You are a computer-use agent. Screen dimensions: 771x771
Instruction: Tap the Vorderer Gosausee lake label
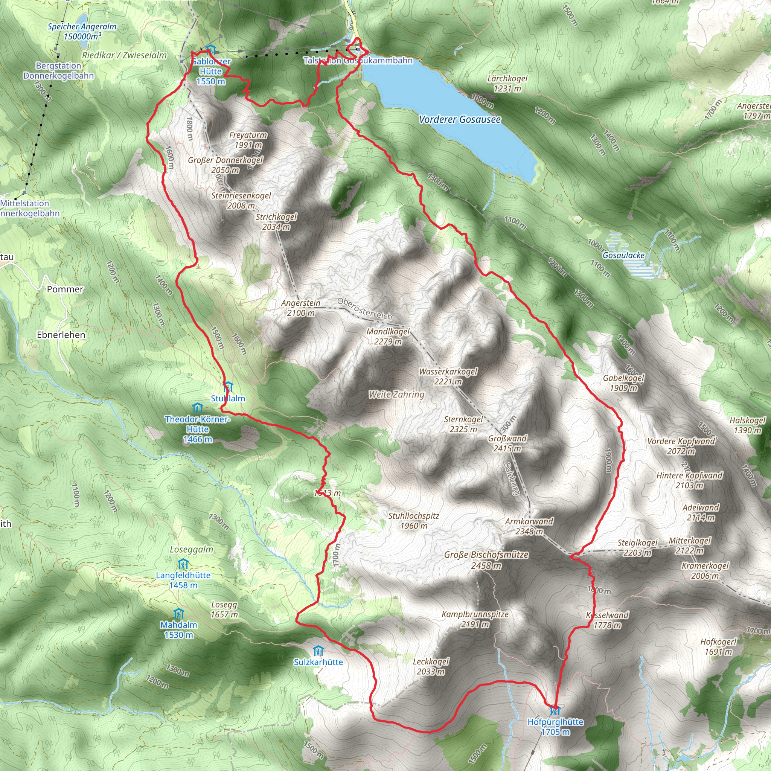(460, 119)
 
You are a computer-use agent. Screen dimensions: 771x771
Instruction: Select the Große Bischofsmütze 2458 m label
(486, 560)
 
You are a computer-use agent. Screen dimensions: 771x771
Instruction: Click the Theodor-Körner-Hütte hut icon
(198, 408)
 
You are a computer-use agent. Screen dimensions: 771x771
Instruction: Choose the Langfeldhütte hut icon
(183, 565)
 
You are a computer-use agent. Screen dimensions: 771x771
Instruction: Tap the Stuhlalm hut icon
(228, 387)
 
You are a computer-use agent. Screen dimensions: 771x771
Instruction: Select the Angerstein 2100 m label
(301, 308)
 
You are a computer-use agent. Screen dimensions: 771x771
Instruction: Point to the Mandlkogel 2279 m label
(388, 337)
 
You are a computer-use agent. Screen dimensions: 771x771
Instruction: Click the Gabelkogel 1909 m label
(623, 383)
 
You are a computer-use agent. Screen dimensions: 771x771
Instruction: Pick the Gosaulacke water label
(623, 255)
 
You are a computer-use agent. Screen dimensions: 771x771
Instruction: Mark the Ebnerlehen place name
(61, 335)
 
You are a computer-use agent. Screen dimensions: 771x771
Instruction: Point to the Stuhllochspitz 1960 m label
(414, 521)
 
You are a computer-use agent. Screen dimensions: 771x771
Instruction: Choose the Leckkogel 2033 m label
(431, 666)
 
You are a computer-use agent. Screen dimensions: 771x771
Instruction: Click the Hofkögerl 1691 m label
(718, 646)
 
